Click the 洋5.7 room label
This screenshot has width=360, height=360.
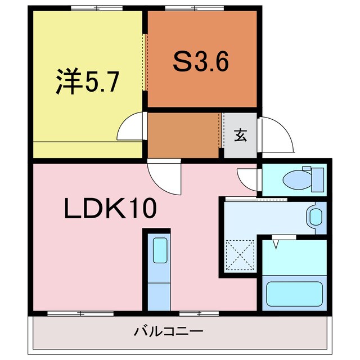(x=87, y=81)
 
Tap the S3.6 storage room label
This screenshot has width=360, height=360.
(x=201, y=61)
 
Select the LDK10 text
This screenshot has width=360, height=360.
(x=110, y=208)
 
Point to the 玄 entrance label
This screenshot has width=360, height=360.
(x=240, y=136)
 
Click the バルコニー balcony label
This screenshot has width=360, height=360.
(x=169, y=332)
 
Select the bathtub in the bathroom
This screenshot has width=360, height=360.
(x=294, y=294)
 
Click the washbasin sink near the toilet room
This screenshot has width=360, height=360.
(x=316, y=217)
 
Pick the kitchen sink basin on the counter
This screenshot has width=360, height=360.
(x=160, y=250)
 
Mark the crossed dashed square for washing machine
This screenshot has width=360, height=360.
(x=240, y=255)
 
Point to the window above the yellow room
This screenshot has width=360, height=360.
(x=97, y=8)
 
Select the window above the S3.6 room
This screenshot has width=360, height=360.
(x=195, y=8)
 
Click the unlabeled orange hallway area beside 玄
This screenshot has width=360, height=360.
(x=183, y=136)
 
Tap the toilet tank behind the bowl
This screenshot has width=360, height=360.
(x=317, y=180)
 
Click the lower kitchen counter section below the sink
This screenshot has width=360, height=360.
(x=159, y=297)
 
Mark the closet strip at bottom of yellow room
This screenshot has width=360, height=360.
(x=88, y=150)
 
